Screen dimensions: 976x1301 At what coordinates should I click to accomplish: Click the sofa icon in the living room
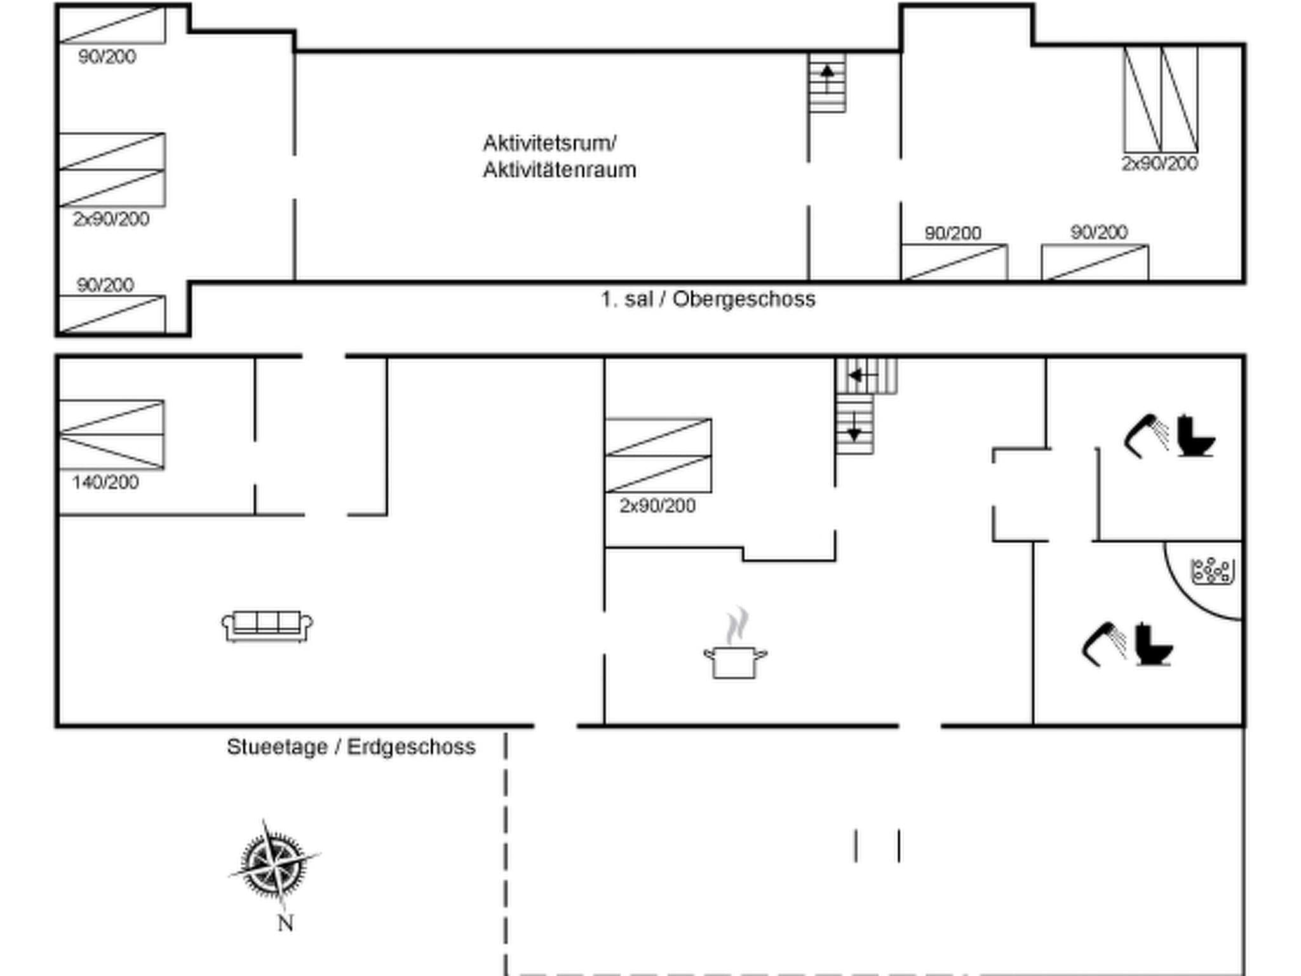(267, 627)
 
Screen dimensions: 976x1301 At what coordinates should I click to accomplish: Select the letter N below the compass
(285, 923)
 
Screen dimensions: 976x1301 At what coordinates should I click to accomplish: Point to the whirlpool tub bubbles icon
(1212, 571)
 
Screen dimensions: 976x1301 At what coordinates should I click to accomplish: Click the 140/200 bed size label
(105, 482)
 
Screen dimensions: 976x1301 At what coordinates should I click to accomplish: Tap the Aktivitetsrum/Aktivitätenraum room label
(559, 156)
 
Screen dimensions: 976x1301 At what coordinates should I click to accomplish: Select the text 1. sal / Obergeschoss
(708, 299)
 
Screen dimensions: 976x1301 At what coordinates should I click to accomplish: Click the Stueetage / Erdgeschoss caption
(351, 747)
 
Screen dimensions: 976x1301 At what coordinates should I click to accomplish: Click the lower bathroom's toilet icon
(1153, 644)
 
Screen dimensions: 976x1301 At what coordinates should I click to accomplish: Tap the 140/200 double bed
(112, 435)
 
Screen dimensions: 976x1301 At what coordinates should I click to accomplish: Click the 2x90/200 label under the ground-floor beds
(657, 506)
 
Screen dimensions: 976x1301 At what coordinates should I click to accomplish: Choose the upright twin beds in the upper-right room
(1161, 99)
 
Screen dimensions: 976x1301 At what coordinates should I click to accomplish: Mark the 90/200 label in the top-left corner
(107, 57)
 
